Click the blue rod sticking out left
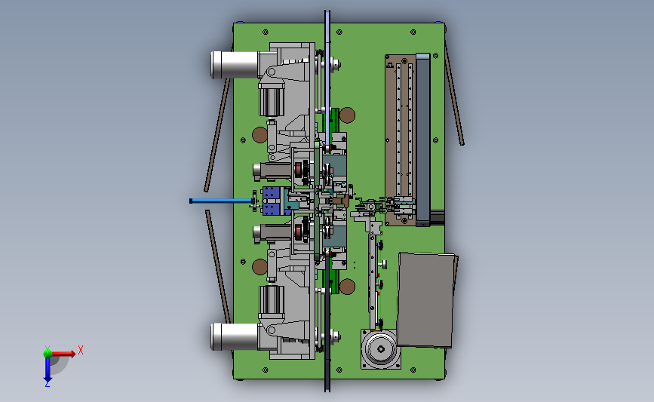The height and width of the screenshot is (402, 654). pos(222,201)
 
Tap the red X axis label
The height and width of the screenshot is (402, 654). pos(81,350)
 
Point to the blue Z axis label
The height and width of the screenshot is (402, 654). pos(47,384)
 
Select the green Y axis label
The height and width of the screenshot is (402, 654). pos(48,348)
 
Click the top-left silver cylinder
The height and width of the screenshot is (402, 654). pos(235,65)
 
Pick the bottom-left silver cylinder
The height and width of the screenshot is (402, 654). pos(235,336)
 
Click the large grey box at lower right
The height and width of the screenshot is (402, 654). pos(426,300)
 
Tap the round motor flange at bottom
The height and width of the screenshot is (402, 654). pos(381,349)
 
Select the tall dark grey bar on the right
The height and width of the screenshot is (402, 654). pos(423,140)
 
